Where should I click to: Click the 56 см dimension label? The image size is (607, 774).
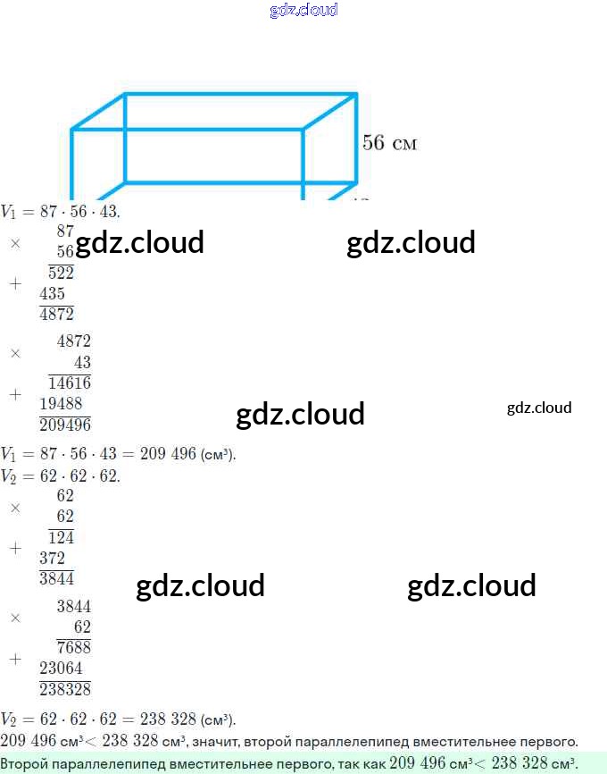pyautogui.click(x=389, y=143)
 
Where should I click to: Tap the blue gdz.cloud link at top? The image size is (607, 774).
pyautogui.click(x=303, y=10)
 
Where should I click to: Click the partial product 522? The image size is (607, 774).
pyautogui.click(x=61, y=273)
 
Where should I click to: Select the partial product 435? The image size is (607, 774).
pyautogui.click(x=53, y=293)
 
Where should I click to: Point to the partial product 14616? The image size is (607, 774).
pyautogui.click(x=70, y=383)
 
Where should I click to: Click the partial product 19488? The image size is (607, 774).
pyautogui.click(x=61, y=404)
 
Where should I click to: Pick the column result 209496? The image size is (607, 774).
pyautogui.click(x=65, y=425)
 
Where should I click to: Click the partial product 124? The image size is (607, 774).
pyautogui.click(x=61, y=537)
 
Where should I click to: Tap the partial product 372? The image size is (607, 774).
pyautogui.click(x=53, y=558)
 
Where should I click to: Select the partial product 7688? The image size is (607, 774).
pyautogui.click(x=74, y=647)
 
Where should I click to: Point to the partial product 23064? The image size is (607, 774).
pyautogui.click(x=61, y=668)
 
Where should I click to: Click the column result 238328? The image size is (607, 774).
pyautogui.click(x=65, y=689)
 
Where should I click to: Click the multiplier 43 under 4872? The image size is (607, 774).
pyautogui.click(x=82, y=362)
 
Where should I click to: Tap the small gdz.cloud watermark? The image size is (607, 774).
pyautogui.click(x=539, y=408)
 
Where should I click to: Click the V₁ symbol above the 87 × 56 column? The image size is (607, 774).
pyautogui.click(x=8, y=212)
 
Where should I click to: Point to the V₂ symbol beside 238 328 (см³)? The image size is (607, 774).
pyautogui.click(x=8, y=719)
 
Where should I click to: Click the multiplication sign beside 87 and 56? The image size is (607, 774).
pyautogui.click(x=16, y=243)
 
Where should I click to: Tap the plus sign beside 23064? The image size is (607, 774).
pyautogui.click(x=16, y=659)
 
